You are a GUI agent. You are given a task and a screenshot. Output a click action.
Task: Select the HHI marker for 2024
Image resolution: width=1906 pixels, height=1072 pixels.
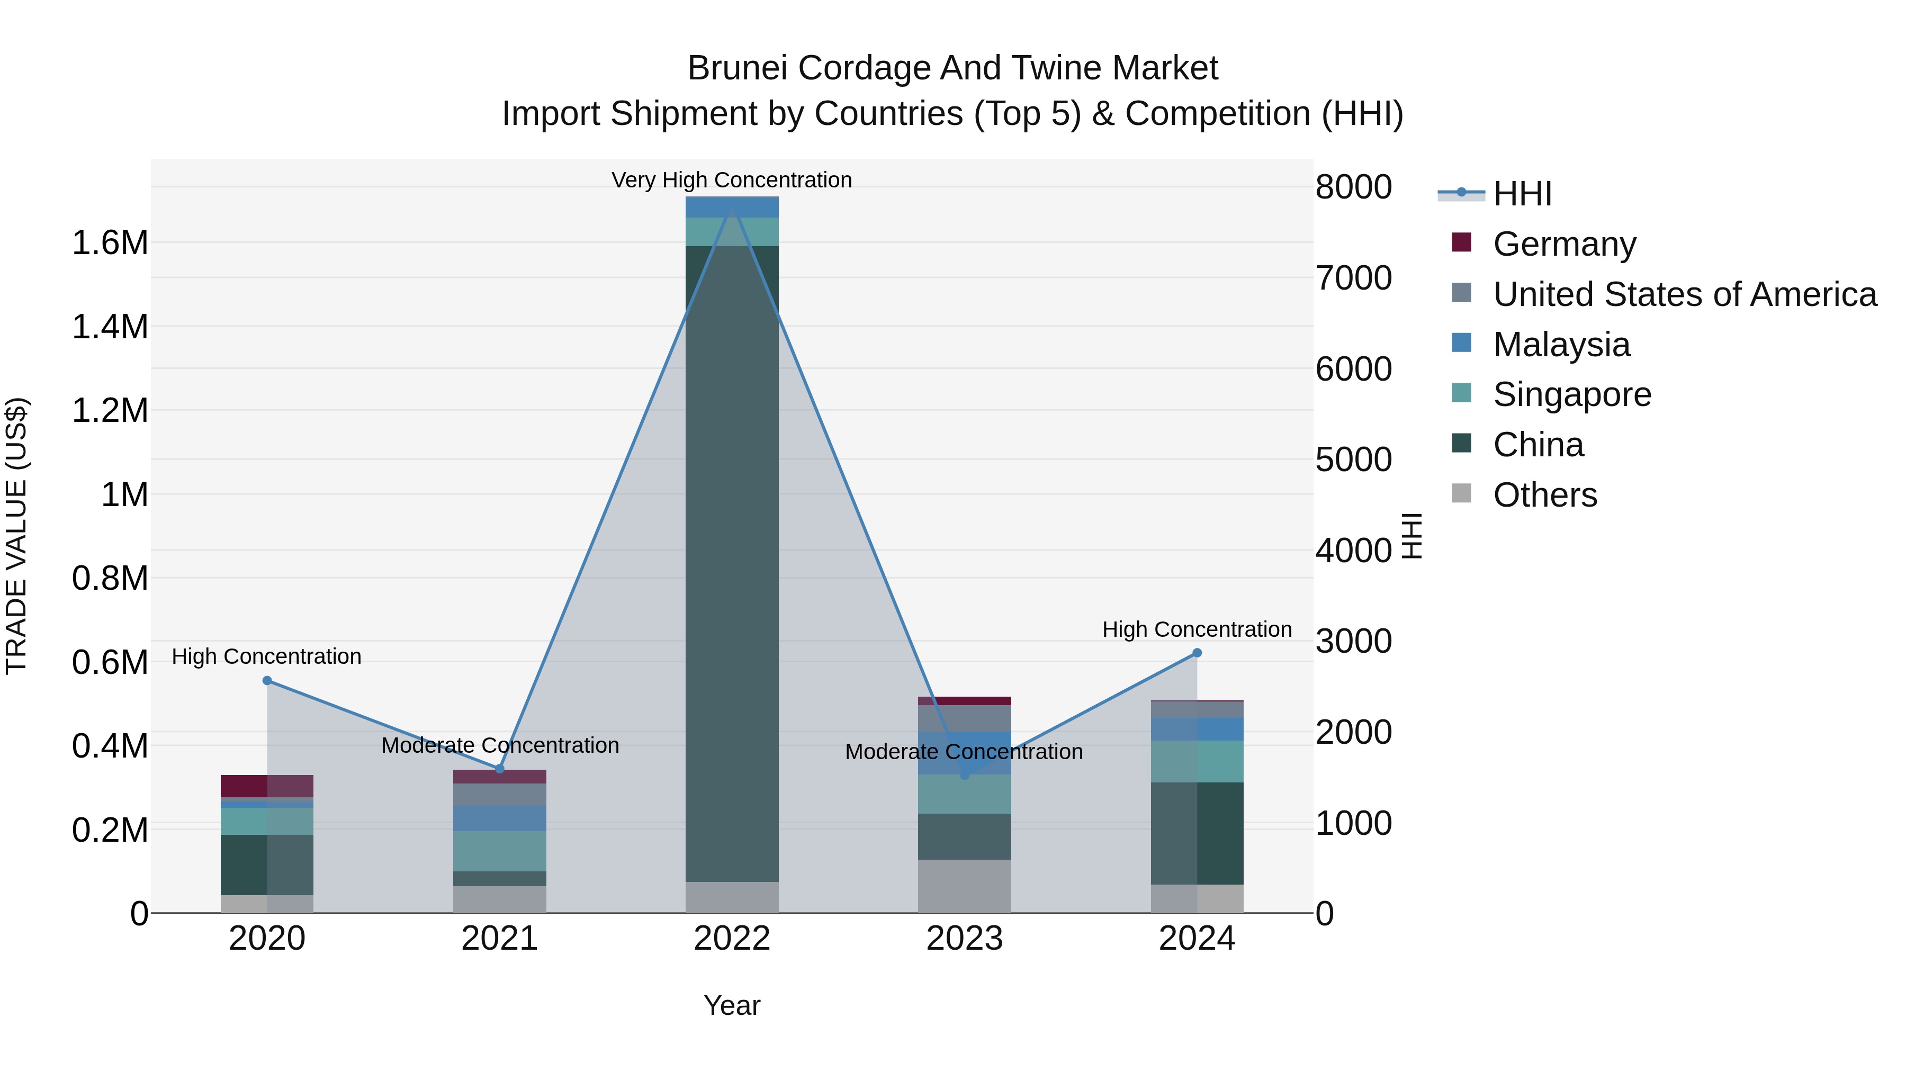point(1197,653)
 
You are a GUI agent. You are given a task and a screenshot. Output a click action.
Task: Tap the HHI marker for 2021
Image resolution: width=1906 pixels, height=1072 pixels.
point(499,769)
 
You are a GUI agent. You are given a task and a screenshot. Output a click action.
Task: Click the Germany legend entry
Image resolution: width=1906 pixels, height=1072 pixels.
point(1564,244)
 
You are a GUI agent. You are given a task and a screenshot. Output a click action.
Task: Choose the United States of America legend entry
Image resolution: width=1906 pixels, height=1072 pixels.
point(1684,294)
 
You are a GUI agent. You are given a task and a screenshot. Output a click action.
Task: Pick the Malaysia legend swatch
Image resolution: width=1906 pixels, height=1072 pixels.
point(1461,343)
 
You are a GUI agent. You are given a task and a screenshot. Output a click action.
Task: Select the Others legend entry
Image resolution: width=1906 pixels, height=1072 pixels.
point(1544,495)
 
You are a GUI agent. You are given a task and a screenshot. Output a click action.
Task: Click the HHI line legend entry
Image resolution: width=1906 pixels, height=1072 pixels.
point(1521,194)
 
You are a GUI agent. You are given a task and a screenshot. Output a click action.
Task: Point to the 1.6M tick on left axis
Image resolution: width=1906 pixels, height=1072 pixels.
point(110,242)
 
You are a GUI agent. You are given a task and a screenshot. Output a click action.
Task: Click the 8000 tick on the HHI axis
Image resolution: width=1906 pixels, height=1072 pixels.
point(1353,187)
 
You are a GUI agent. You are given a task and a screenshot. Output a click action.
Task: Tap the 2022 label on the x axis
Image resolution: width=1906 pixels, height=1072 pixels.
point(732,939)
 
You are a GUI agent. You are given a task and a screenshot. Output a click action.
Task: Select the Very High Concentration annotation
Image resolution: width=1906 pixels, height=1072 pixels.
point(731,181)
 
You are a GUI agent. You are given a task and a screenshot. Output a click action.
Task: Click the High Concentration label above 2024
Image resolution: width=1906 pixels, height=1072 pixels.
point(1197,629)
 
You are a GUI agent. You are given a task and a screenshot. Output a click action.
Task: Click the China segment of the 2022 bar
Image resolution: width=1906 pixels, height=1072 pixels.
point(732,562)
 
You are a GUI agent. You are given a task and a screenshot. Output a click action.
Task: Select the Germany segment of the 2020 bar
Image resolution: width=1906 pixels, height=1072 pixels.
point(267,786)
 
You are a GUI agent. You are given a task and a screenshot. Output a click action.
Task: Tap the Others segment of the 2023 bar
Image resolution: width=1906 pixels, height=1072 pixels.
point(964,886)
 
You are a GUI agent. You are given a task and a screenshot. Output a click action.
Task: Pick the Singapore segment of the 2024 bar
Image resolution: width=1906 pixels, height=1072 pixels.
point(1197,761)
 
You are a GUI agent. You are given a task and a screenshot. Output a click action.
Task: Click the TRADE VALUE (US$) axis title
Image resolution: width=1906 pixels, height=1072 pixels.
point(17,536)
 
